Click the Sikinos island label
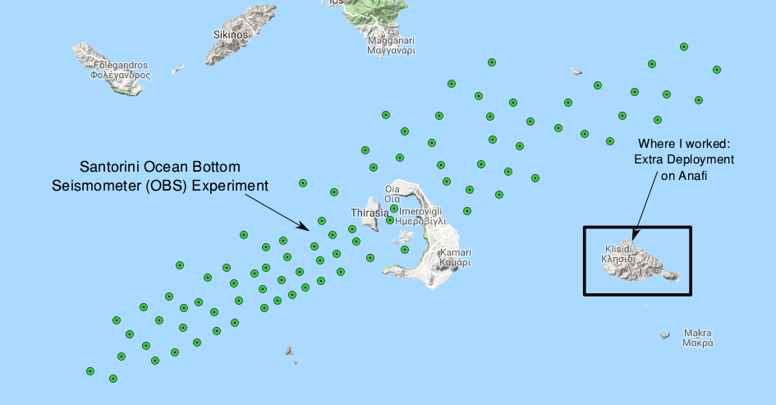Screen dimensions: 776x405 (230, 35)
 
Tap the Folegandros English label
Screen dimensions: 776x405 (121, 64)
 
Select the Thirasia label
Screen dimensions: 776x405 (369, 213)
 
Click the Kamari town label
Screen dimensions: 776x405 (455, 252)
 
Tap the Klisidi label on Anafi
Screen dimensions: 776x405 (618, 248)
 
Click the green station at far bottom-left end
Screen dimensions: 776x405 (90, 371)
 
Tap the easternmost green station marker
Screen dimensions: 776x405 (717, 70)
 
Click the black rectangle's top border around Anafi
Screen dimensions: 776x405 (637, 227)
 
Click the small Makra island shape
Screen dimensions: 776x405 (664, 334)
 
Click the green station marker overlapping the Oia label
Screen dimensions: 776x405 (394, 208)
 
